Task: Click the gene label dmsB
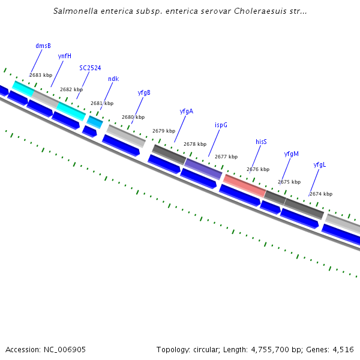tap(43, 46)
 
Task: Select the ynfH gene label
tap(65, 56)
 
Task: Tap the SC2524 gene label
tap(90, 68)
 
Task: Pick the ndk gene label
tap(113, 79)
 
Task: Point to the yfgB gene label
tap(144, 92)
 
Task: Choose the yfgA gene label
tap(186, 111)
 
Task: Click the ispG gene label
tap(221, 125)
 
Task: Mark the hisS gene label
tap(261, 142)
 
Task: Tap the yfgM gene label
tap(291, 154)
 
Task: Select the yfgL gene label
tap(320, 164)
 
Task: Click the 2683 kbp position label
tap(41, 75)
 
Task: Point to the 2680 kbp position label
tap(133, 117)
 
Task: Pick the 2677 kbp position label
tap(226, 157)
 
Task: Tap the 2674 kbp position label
tap(321, 194)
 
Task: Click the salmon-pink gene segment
tap(244, 185)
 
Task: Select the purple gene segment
tap(203, 168)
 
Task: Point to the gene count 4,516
tap(342, 349)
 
